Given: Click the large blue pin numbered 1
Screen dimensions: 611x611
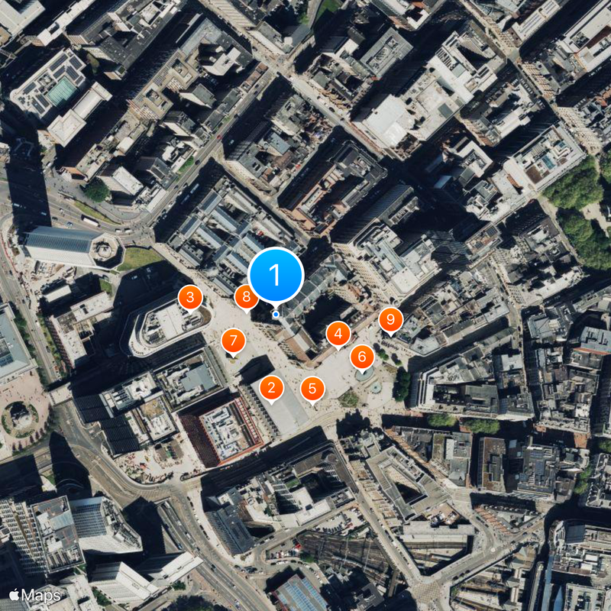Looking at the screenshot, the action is pyautogui.click(x=276, y=275).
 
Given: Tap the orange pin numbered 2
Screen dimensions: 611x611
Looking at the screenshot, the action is pyautogui.click(x=271, y=388).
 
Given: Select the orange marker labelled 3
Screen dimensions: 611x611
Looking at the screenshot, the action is pyautogui.click(x=190, y=296).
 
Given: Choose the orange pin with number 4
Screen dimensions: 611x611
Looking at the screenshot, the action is pyautogui.click(x=338, y=333).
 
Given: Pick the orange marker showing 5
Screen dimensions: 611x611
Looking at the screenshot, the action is pyautogui.click(x=312, y=388).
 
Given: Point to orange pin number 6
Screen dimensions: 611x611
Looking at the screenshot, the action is pyautogui.click(x=362, y=356).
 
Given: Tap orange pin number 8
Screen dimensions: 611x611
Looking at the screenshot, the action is pyautogui.click(x=246, y=296).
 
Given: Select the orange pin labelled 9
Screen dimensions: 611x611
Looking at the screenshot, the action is pyautogui.click(x=390, y=319).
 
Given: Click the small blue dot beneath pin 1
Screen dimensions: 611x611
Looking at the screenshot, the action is pyautogui.click(x=276, y=314).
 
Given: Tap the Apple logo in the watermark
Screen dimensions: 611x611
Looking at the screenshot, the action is pyautogui.click(x=15, y=594).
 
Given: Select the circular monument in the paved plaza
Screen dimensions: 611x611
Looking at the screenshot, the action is pyautogui.click(x=21, y=416).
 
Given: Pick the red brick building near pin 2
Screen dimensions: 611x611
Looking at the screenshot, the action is pyautogui.click(x=221, y=432).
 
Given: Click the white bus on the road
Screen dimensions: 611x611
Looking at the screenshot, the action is pyautogui.click(x=89, y=221).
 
